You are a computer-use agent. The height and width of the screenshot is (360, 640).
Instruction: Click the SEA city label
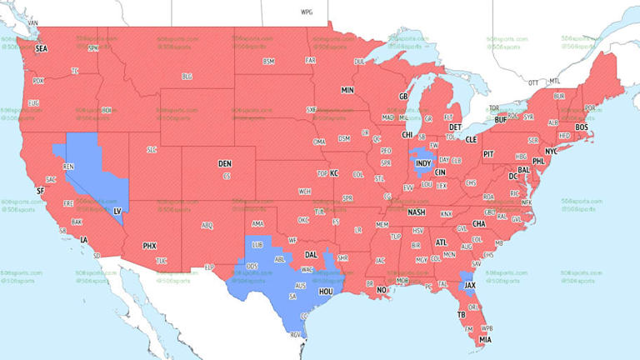(x=41, y=50)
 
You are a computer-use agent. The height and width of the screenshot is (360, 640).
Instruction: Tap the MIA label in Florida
(x=484, y=339)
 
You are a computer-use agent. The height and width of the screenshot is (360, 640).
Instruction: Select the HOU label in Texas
(x=326, y=292)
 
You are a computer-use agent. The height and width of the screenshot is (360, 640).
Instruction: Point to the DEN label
(x=224, y=163)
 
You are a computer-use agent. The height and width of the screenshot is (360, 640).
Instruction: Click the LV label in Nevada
(x=117, y=212)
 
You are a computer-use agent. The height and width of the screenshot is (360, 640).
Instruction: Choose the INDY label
(x=424, y=162)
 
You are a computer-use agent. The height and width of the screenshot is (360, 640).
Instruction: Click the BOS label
(x=581, y=127)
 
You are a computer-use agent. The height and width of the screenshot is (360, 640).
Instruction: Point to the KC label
(x=334, y=173)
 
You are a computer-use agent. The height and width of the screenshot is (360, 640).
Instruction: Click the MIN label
(x=347, y=90)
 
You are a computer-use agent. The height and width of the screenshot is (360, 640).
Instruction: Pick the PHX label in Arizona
(x=149, y=246)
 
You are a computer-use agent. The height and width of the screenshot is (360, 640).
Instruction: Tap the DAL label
(x=311, y=255)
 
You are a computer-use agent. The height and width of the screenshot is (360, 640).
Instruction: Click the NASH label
(x=417, y=212)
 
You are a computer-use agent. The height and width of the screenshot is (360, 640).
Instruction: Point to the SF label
(x=39, y=191)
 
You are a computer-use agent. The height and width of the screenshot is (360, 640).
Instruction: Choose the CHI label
(x=407, y=134)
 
